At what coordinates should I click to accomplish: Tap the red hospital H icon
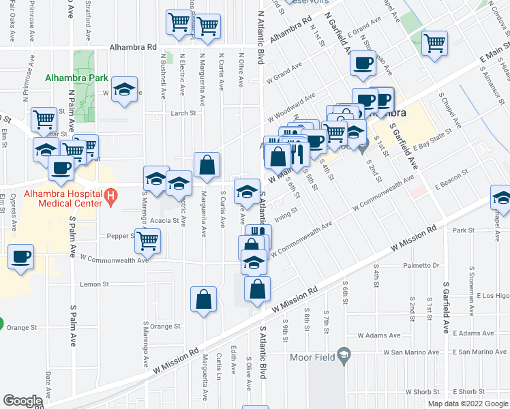click(112, 198)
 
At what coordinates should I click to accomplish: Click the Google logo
click(24, 401)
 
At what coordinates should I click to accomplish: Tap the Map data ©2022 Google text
click(467, 404)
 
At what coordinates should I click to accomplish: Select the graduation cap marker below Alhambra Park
click(124, 90)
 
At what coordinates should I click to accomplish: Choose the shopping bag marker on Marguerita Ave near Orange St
click(204, 299)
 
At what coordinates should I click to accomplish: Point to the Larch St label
click(184, 114)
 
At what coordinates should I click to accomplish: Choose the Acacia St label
click(165, 221)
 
